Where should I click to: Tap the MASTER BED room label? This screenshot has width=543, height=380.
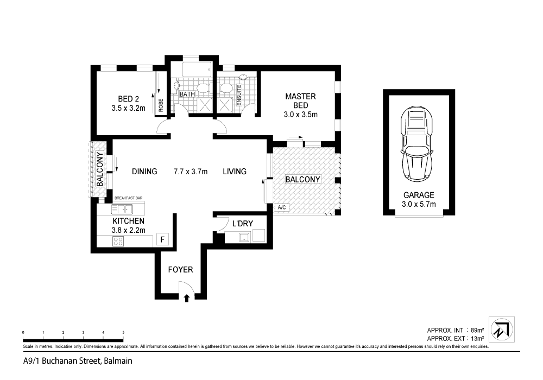click(x=300, y=97)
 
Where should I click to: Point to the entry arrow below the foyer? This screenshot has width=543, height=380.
click(x=187, y=297)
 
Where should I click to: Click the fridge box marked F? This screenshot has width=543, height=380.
click(x=161, y=239)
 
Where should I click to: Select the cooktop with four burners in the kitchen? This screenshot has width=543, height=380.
click(x=118, y=242)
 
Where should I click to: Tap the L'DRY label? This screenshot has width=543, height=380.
click(x=242, y=224)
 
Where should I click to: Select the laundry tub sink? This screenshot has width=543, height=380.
click(x=244, y=237)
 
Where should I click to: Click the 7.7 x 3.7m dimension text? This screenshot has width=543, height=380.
click(x=191, y=172)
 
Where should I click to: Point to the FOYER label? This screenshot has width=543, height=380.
click(x=180, y=269)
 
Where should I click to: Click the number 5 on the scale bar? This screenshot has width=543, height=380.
click(x=123, y=332)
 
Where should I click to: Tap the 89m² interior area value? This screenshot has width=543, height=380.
click(x=477, y=330)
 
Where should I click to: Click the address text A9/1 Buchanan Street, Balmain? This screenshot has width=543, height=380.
click(x=78, y=360)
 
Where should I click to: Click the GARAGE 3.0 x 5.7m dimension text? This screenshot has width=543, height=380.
click(x=418, y=205)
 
